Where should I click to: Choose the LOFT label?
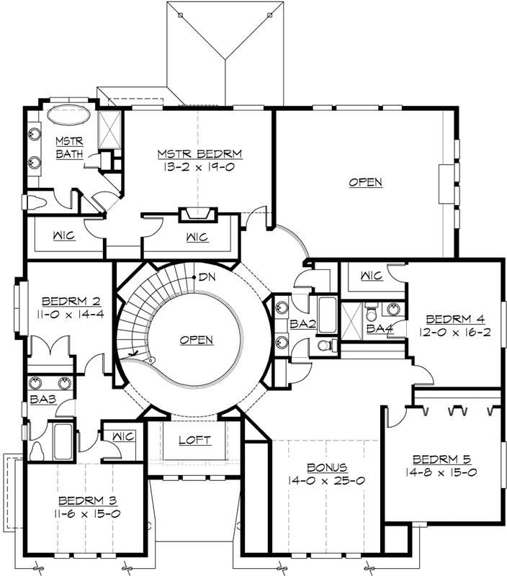coord(194,439)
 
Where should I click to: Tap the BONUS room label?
coord(327,467)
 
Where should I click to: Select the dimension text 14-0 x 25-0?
coord(327,480)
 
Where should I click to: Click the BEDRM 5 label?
coord(441,459)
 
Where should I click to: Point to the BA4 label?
coord(379,328)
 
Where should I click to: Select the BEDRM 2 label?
coord(65,300)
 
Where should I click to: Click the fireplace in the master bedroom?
coord(198,214)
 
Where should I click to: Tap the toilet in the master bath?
coord(37,202)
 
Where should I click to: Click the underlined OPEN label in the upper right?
coord(365,182)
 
